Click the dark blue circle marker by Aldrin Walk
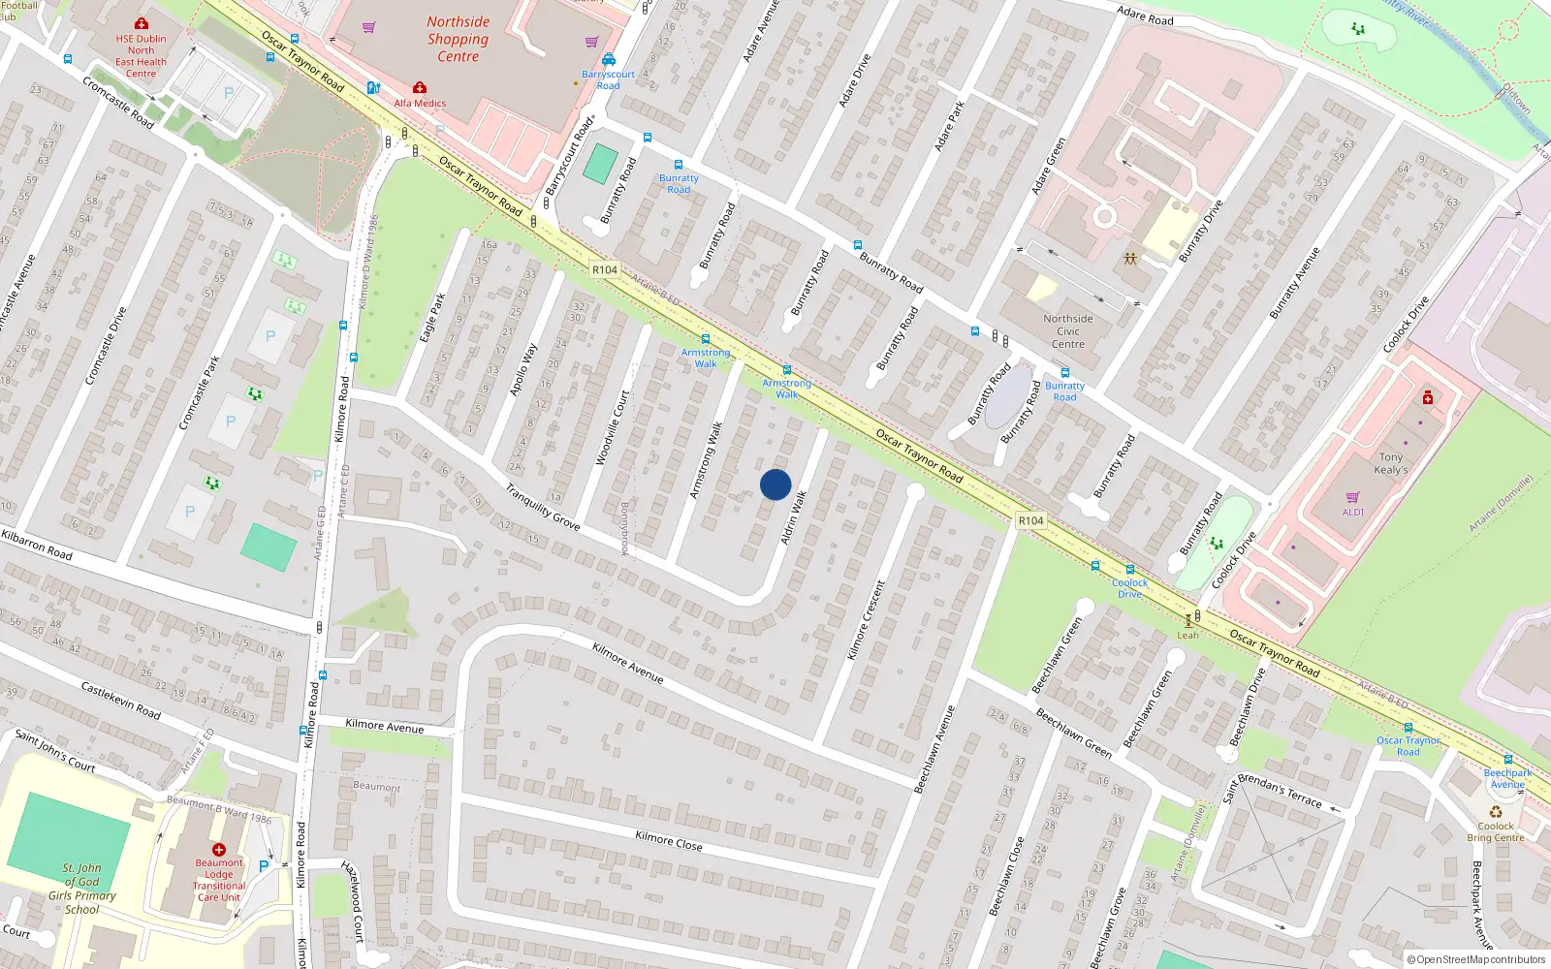point(775,484)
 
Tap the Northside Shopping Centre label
point(458,39)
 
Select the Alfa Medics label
point(420,103)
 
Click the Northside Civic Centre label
point(1067,331)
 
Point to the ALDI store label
point(1352,512)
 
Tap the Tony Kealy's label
point(1391,463)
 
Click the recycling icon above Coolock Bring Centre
point(1496,812)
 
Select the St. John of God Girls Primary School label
point(81,889)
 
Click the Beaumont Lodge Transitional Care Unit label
point(219,880)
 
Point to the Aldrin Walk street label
point(794,516)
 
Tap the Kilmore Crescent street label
point(867,620)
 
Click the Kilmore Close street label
point(669,840)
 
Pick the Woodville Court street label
point(612,427)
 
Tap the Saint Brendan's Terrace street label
point(1272,791)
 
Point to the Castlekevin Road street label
point(120,701)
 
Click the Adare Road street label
point(1145,16)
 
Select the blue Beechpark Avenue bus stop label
point(1507,778)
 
